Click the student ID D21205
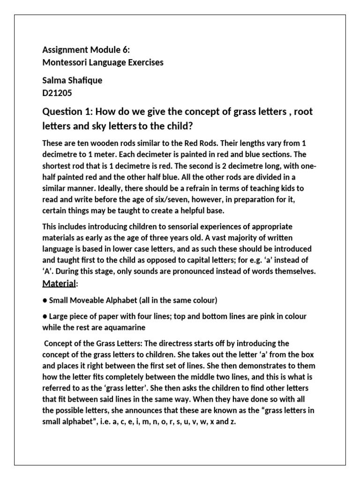point(57,93)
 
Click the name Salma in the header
point(53,81)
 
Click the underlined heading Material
point(59,283)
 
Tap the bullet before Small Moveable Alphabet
point(45,300)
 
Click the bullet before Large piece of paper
point(45,316)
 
